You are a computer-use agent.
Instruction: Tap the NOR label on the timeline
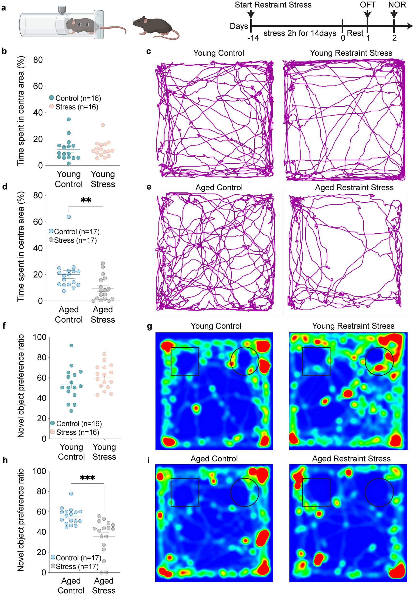[397, 5]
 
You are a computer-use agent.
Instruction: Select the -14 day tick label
[253, 38]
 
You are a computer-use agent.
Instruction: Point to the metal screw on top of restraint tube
[62, 10]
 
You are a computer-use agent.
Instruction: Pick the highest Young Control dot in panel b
[69, 119]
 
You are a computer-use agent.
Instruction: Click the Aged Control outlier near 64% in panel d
[69, 217]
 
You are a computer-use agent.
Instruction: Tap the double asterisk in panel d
[86, 200]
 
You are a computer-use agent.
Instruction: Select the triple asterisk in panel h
[87, 478]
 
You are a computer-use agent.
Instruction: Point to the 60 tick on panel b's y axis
[38, 86]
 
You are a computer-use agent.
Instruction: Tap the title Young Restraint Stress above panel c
[351, 53]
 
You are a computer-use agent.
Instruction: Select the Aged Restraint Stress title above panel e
[354, 187]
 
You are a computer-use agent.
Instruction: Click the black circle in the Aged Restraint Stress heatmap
[379, 492]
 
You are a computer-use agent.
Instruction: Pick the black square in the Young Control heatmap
[185, 361]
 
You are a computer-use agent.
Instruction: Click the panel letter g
[149, 326]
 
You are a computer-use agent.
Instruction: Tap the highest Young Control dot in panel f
[71, 345]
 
